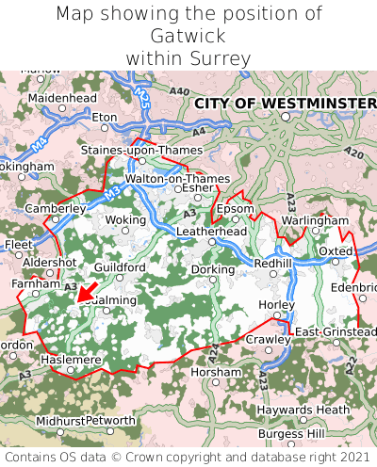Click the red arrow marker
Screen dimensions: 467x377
click(86, 293)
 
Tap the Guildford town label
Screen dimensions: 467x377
click(120, 267)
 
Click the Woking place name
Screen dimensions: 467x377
click(124, 219)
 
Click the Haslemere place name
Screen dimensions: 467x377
click(70, 360)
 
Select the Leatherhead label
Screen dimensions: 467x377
click(211, 231)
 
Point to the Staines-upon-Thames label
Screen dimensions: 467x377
click(141, 150)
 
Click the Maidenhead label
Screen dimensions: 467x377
click(62, 97)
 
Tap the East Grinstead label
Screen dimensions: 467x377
click(335, 332)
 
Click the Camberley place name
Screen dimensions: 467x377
click(56, 208)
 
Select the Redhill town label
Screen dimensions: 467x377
click(273, 263)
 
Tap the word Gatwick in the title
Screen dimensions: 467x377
click(188, 36)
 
